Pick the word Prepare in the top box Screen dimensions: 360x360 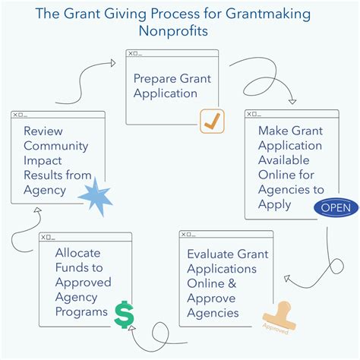(x=156, y=77)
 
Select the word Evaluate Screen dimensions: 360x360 (x=210, y=254)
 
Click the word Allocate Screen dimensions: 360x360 (x=77, y=253)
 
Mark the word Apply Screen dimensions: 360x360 (x=274, y=204)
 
